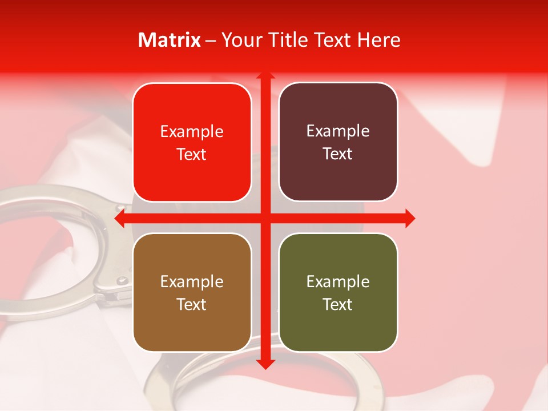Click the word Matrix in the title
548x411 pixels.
[170, 40]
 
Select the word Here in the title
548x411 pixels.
[379, 40]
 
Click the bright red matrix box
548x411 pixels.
[192, 142]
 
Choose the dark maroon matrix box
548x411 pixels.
[338, 142]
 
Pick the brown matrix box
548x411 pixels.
[192, 292]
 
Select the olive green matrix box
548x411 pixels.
[338, 292]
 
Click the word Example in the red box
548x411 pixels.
[192, 131]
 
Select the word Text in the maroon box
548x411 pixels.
[338, 154]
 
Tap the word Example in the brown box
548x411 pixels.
[192, 281]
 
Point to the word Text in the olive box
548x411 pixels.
[338, 304]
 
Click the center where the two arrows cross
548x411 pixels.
[265, 218]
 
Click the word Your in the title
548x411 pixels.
[240, 40]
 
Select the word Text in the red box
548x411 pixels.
[192, 154]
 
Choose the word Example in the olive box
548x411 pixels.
[338, 281]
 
